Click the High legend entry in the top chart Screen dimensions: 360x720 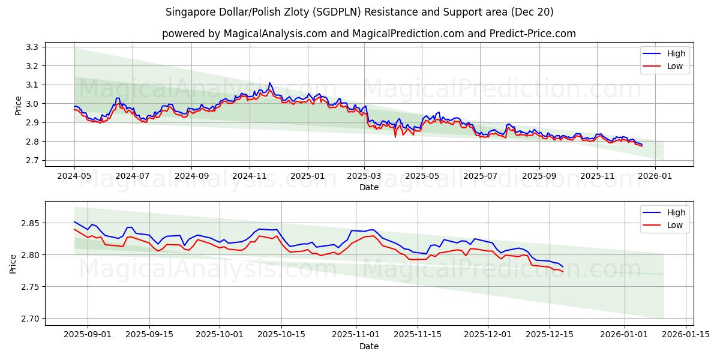[x=676, y=53]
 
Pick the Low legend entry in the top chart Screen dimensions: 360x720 [x=675, y=66]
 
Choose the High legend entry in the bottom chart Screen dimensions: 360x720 [x=676, y=212]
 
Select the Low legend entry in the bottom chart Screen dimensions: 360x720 [x=675, y=225]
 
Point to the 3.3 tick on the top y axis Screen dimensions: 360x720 [x=31, y=47]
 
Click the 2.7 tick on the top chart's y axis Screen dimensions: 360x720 [x=31, y=160]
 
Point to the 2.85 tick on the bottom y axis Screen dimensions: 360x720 [x=29, y=223]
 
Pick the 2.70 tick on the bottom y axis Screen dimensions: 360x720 [x=29, y=319]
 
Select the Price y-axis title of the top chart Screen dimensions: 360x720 [x=18, y=106]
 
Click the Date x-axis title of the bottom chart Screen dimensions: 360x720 [x=369, y=346]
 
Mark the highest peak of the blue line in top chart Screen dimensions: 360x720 [x=270, y=83]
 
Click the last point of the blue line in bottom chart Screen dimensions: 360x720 [x=563, y=266]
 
